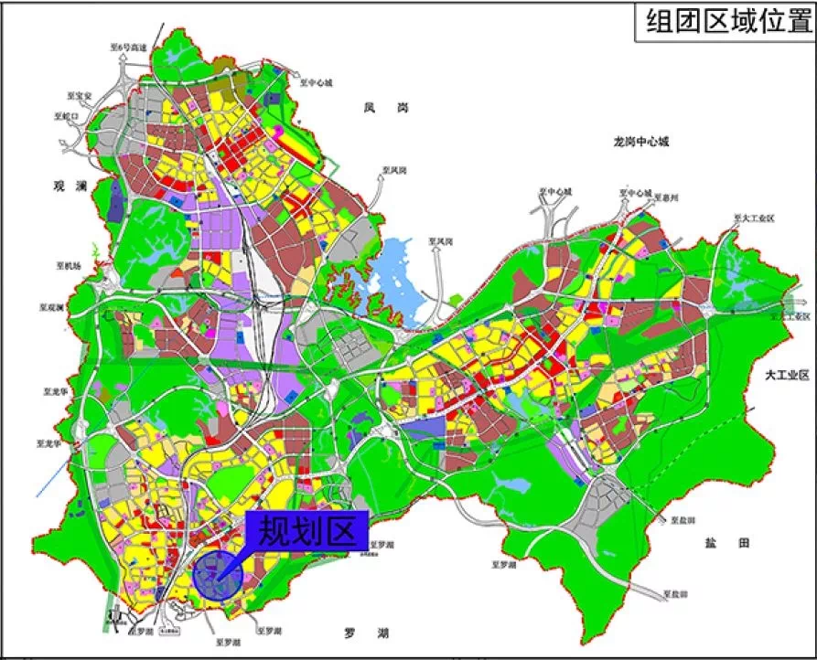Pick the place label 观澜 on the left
[69, 186]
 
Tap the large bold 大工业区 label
[788, 376]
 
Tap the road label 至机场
[68, 266]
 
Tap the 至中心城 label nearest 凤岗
[315, 81]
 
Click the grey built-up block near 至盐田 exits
[604, 497]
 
